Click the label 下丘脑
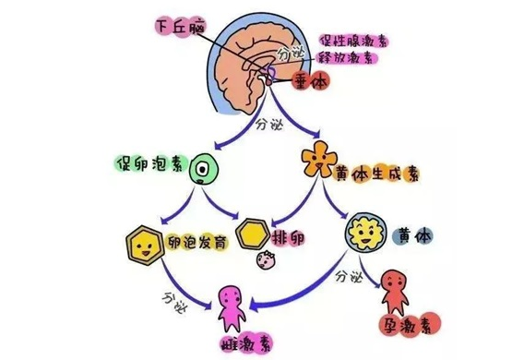pos(181,27)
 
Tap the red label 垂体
pos(311,81)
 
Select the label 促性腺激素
pos(353,42)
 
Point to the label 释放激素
pos(346,58)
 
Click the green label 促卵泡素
pos(151,164)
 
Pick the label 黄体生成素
pos(376,174)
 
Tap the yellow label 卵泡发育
pos(197,241)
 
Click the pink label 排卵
pos(288,238)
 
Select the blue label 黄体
pos(413,236)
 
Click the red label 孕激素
pos(411,324)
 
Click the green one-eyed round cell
pos(204,169)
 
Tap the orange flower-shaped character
pos(319,160)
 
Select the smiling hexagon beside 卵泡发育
pos(146,245)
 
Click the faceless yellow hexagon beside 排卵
pos(254,234)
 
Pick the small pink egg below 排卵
pos(266,259)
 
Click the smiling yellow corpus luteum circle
pos(365,232)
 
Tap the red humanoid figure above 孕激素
pos(395,292)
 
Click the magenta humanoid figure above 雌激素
pos(232,308)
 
